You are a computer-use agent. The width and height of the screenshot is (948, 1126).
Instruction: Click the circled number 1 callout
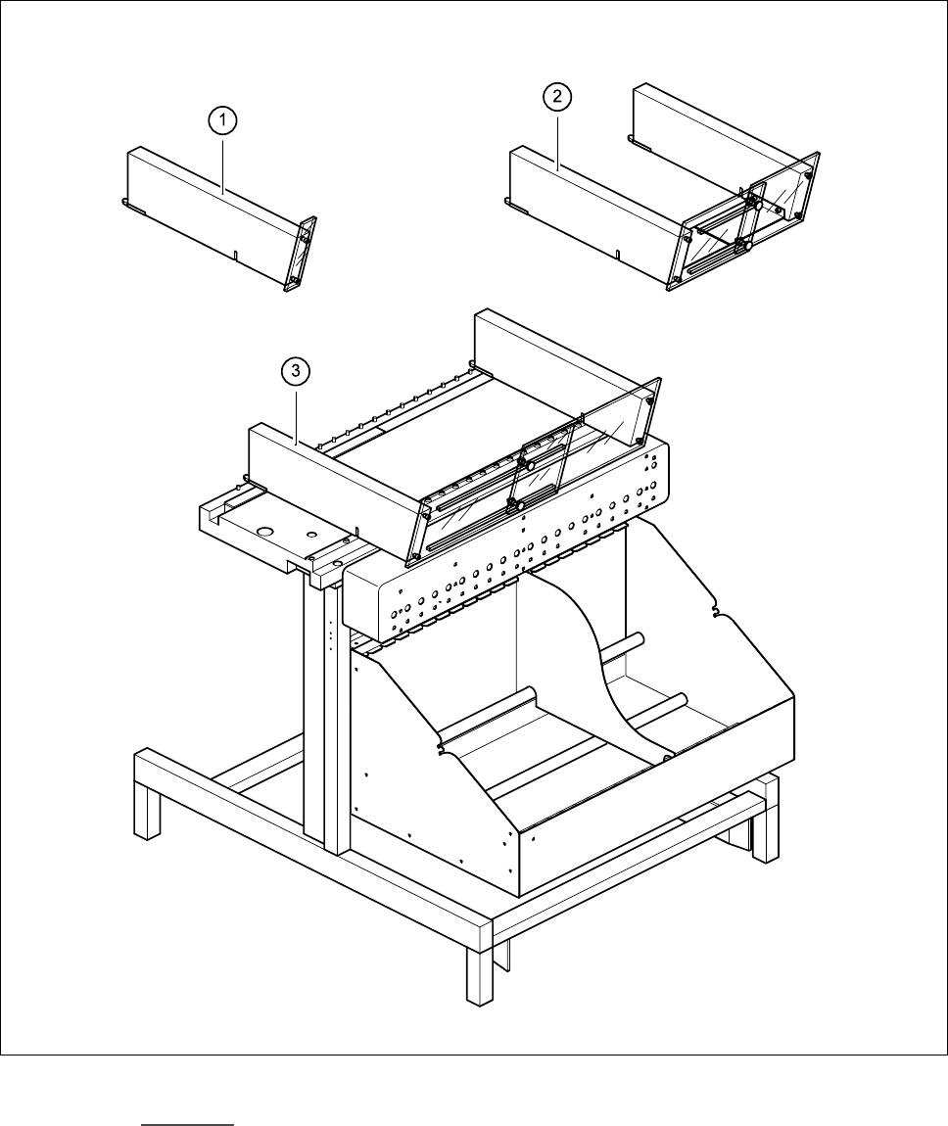click(225, 121)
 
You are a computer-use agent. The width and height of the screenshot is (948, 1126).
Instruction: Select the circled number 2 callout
click(556, 98)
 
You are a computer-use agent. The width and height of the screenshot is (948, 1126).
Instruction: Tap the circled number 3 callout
click(296, 370)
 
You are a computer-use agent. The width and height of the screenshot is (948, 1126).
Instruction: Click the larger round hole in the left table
click(262, 530)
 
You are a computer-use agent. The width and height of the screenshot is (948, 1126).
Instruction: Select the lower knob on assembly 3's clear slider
click(511, 505)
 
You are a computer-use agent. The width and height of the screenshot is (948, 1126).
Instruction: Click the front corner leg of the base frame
click(479, 969)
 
